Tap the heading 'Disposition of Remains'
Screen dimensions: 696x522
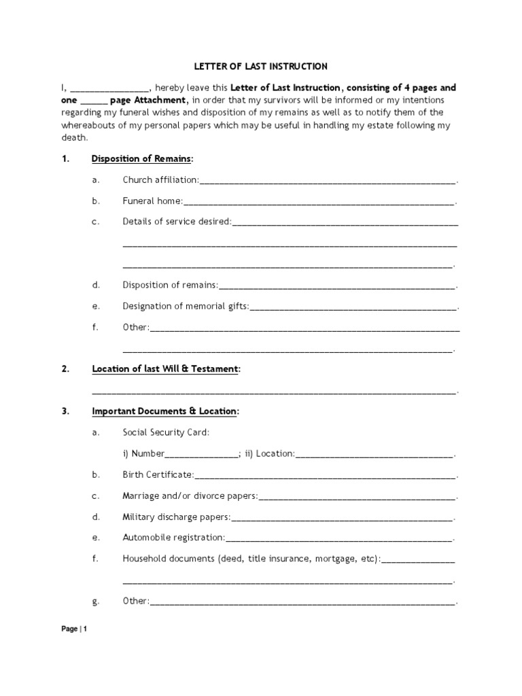142,159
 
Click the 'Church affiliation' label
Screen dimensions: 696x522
160,180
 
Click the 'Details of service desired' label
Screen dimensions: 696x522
177,222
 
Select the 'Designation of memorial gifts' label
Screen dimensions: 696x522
186,307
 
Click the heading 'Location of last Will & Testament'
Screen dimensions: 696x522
166,369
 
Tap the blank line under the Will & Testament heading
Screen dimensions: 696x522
274,391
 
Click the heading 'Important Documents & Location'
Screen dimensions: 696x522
165,412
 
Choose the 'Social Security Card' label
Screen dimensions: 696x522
166,432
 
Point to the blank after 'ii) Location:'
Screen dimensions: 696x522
374,454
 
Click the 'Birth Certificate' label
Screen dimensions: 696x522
158,475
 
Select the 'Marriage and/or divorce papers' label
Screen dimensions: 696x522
190,496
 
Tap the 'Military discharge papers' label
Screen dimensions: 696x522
176,517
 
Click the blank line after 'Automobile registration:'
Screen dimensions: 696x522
338,538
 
